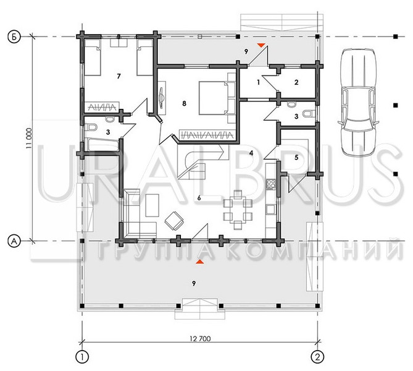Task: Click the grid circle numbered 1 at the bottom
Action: tap(82, 357)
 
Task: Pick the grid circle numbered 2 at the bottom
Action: tap(317, 357)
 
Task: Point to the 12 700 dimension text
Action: tap(200, 339)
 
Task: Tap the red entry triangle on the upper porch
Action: tap(261, 45)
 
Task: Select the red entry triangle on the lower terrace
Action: tap(200, 262)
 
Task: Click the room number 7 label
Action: tap(119, 76)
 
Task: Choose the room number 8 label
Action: tap(184, 103)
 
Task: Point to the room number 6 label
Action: tap(199, 198)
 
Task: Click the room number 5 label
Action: tap(296, 158)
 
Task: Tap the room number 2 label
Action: tap(296, 82)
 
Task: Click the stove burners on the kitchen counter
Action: tap(271, 184)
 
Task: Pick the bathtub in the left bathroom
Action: tap(103, 145)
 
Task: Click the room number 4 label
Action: tap(251, 153)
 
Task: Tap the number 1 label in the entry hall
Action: tap(259, 82)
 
